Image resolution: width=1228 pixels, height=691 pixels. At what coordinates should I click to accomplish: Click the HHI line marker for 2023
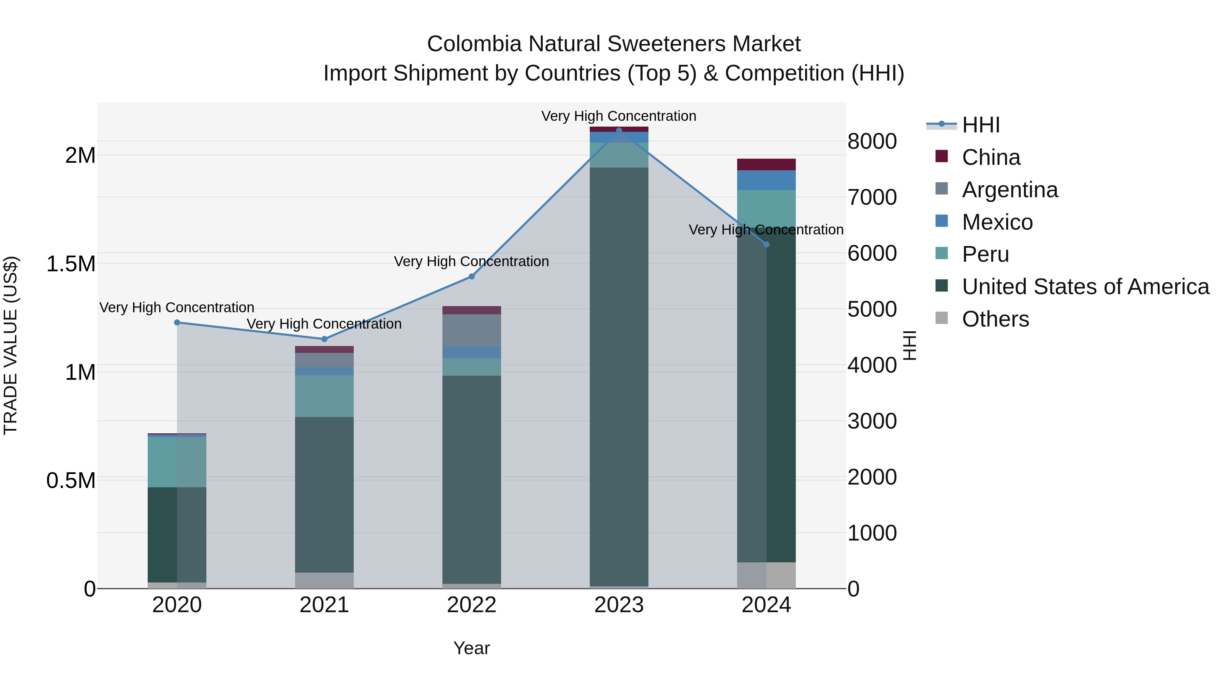(619, 131)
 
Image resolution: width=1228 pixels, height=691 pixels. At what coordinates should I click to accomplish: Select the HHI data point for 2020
(177, 322)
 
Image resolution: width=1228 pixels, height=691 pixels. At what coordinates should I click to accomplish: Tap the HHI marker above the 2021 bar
(324, 339)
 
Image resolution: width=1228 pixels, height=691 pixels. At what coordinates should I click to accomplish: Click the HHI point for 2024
(766, 245)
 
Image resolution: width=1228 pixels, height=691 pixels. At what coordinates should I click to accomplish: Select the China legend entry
(991, 157)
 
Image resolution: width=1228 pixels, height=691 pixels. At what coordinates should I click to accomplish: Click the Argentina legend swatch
(941, 189)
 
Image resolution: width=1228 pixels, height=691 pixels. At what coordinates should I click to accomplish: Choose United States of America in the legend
(1085, 287)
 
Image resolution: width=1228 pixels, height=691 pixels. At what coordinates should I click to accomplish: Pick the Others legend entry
(995, 319)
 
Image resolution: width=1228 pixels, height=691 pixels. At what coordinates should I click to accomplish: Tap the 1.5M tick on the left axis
(71, 264)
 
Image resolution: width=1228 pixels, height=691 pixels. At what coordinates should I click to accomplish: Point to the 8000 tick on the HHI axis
(872, 141)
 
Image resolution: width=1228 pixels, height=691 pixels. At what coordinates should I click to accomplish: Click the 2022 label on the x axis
(471, 605)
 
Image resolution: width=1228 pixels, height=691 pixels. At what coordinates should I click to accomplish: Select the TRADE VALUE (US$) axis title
(11, 345)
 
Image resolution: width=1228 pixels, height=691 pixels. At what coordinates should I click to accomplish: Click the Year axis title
(471, 648)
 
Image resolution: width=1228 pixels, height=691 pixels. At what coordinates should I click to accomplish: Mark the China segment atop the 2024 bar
(766, 164)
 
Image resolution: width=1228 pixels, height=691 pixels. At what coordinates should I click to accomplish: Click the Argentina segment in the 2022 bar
(471, 330)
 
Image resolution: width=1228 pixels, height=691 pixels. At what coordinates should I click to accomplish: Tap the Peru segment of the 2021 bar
(324, 396)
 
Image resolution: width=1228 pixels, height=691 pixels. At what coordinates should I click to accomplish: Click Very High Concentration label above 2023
(618, 116)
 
